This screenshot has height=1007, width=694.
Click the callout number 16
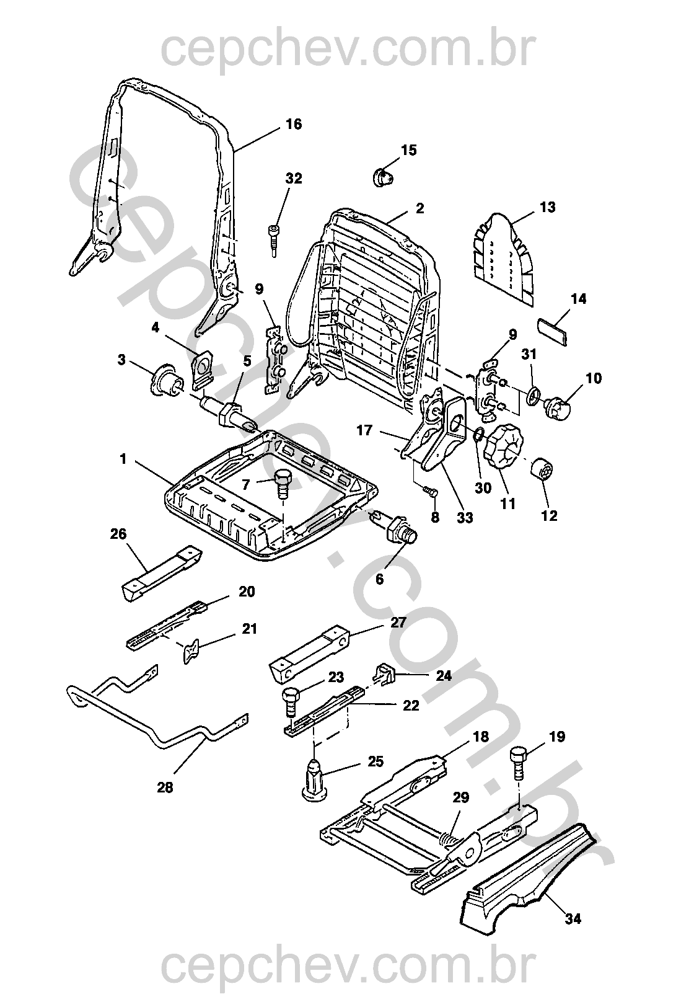(x=293, y=124)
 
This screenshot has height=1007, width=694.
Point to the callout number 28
(x=165, y=787)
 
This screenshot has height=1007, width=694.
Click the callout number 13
(x=547, y=206)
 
